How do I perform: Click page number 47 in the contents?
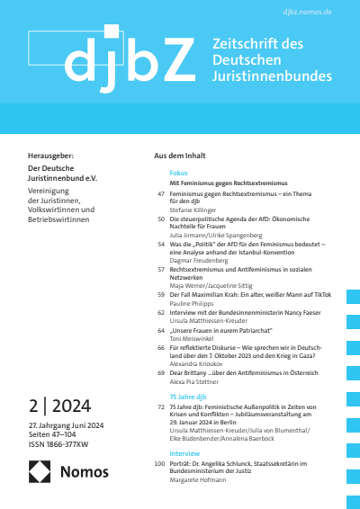tap(160, 194)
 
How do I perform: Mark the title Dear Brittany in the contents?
tap(191, 371)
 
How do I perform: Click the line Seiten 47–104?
tap(53, 433)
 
